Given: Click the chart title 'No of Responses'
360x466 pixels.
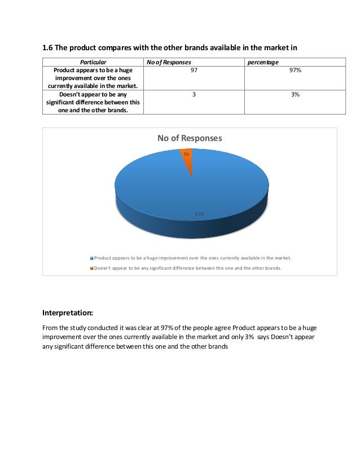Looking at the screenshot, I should pos(190,138).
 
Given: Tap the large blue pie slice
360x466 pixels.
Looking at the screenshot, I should pos(169,186).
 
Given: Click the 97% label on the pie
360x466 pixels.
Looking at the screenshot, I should pos(199,214).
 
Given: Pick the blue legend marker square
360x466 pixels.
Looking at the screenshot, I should pos(91,258).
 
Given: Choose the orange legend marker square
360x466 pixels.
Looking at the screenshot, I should pos(91,269).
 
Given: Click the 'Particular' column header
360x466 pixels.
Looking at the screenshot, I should pos(93,61).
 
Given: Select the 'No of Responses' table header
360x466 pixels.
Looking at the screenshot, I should pos(169,61).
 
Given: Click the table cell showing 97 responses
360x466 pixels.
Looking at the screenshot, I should pos(194,71).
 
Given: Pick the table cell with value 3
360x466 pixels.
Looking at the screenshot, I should pos(194,95).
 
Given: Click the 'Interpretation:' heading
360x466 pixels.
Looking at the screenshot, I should pos(68,311).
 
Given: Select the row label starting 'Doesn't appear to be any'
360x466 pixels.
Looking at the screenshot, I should pos(93,95).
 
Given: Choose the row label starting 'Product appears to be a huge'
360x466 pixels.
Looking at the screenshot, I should pos(93,71).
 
